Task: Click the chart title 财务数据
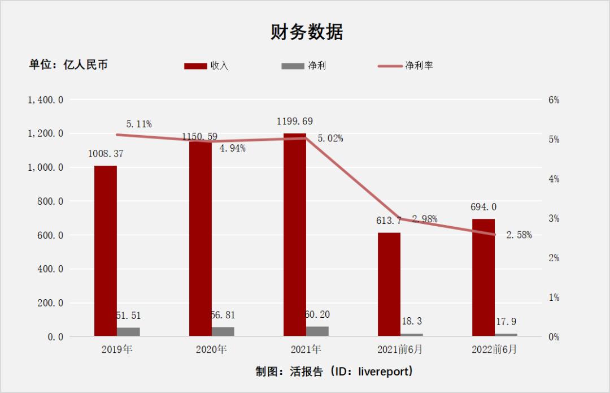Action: point(307,33)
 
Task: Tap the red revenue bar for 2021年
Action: point(295,235)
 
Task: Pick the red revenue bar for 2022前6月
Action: point(483,278)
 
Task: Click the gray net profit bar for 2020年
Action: point(223,331)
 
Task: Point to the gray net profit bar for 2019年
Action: point(128,332)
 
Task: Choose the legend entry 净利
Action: point(316,66)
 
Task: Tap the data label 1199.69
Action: point(295,122)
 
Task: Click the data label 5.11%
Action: point(139,124)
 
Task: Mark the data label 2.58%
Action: point(518,235)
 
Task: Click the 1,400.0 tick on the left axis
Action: point(45,100)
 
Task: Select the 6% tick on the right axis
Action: point(554,100)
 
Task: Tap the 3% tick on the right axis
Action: point(554,218)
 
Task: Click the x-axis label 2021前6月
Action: point(400,349)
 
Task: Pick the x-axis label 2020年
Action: point(211,349)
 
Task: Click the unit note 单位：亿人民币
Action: point(68,65)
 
